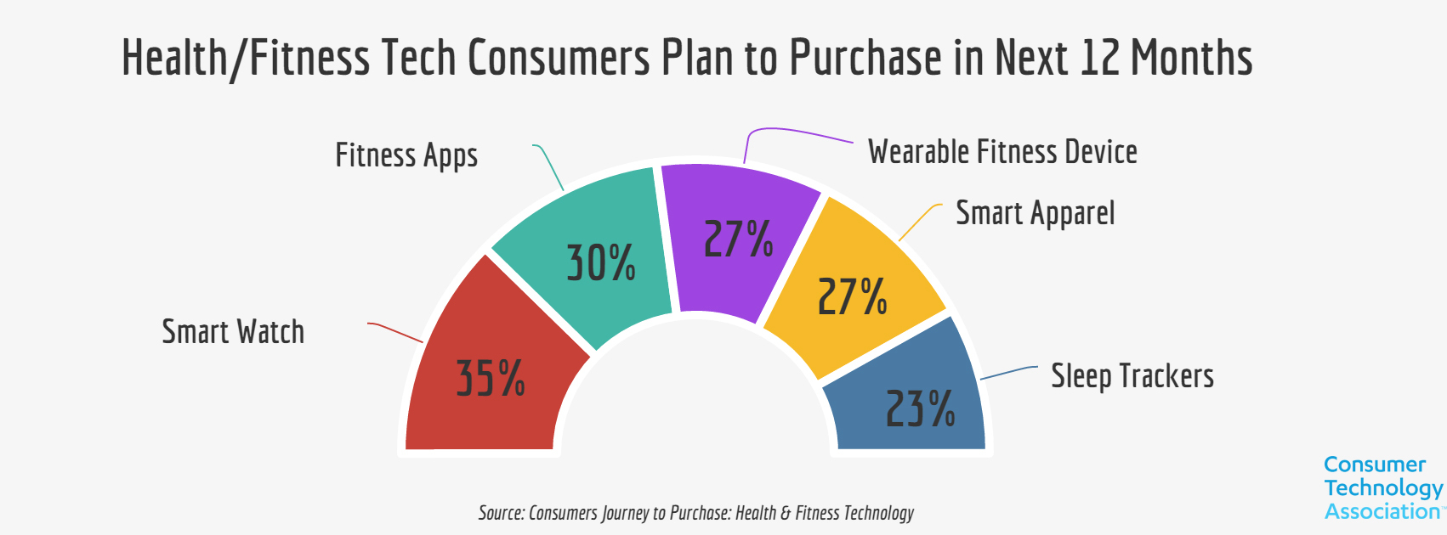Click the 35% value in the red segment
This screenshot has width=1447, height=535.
coord(491,379)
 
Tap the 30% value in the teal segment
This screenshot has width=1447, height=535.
coord(601,262)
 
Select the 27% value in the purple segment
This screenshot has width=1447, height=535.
coord(739,239)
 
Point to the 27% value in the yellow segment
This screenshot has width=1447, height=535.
coord(852,296)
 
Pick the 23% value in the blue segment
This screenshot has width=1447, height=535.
coord(921,408)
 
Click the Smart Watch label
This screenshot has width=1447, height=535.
coord(233,331)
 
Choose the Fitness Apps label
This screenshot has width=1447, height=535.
coord(406,156)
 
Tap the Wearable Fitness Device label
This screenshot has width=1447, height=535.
coord(1002,152)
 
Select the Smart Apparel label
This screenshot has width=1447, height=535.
coord(1035,213)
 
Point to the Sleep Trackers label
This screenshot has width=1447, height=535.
coord(1132,376)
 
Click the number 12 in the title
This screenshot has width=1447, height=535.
coord(1099,58)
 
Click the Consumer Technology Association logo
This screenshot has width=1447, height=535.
coord(1383,488)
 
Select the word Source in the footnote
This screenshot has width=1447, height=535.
coord(500,513)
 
